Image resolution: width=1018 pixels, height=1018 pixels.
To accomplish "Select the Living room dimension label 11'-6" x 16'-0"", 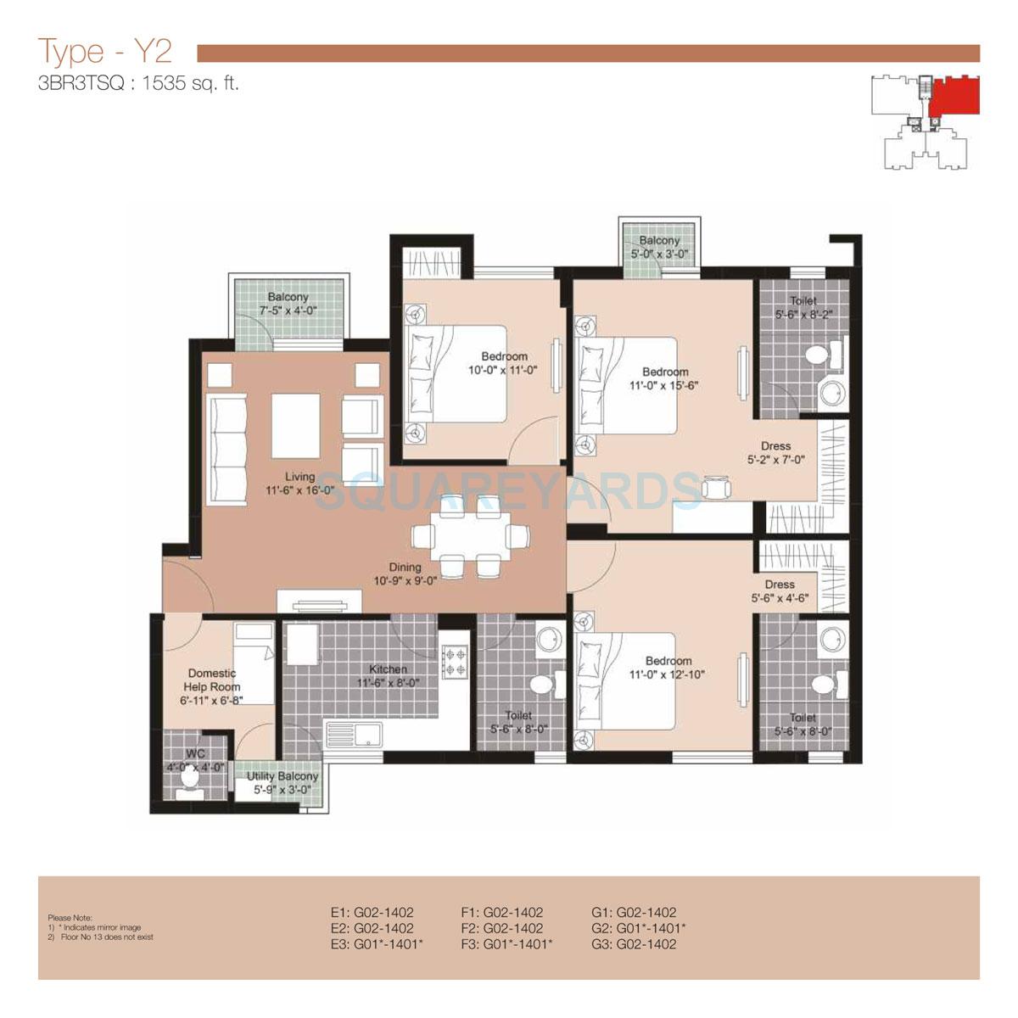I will (299, 489).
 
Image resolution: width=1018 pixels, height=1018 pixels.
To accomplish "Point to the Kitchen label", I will (388, 669).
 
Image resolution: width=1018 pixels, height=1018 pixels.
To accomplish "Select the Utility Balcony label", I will (282, 776).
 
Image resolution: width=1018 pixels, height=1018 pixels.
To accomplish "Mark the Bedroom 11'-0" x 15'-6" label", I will (665, 378).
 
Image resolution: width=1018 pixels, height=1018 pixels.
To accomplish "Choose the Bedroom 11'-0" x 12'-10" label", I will (668, 668).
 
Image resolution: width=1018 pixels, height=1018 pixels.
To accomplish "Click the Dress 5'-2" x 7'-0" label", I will (775, 452).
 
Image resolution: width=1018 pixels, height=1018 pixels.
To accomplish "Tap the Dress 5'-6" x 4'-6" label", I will (779, 590).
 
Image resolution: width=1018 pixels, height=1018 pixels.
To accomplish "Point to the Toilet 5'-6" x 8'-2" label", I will (803, 307).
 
